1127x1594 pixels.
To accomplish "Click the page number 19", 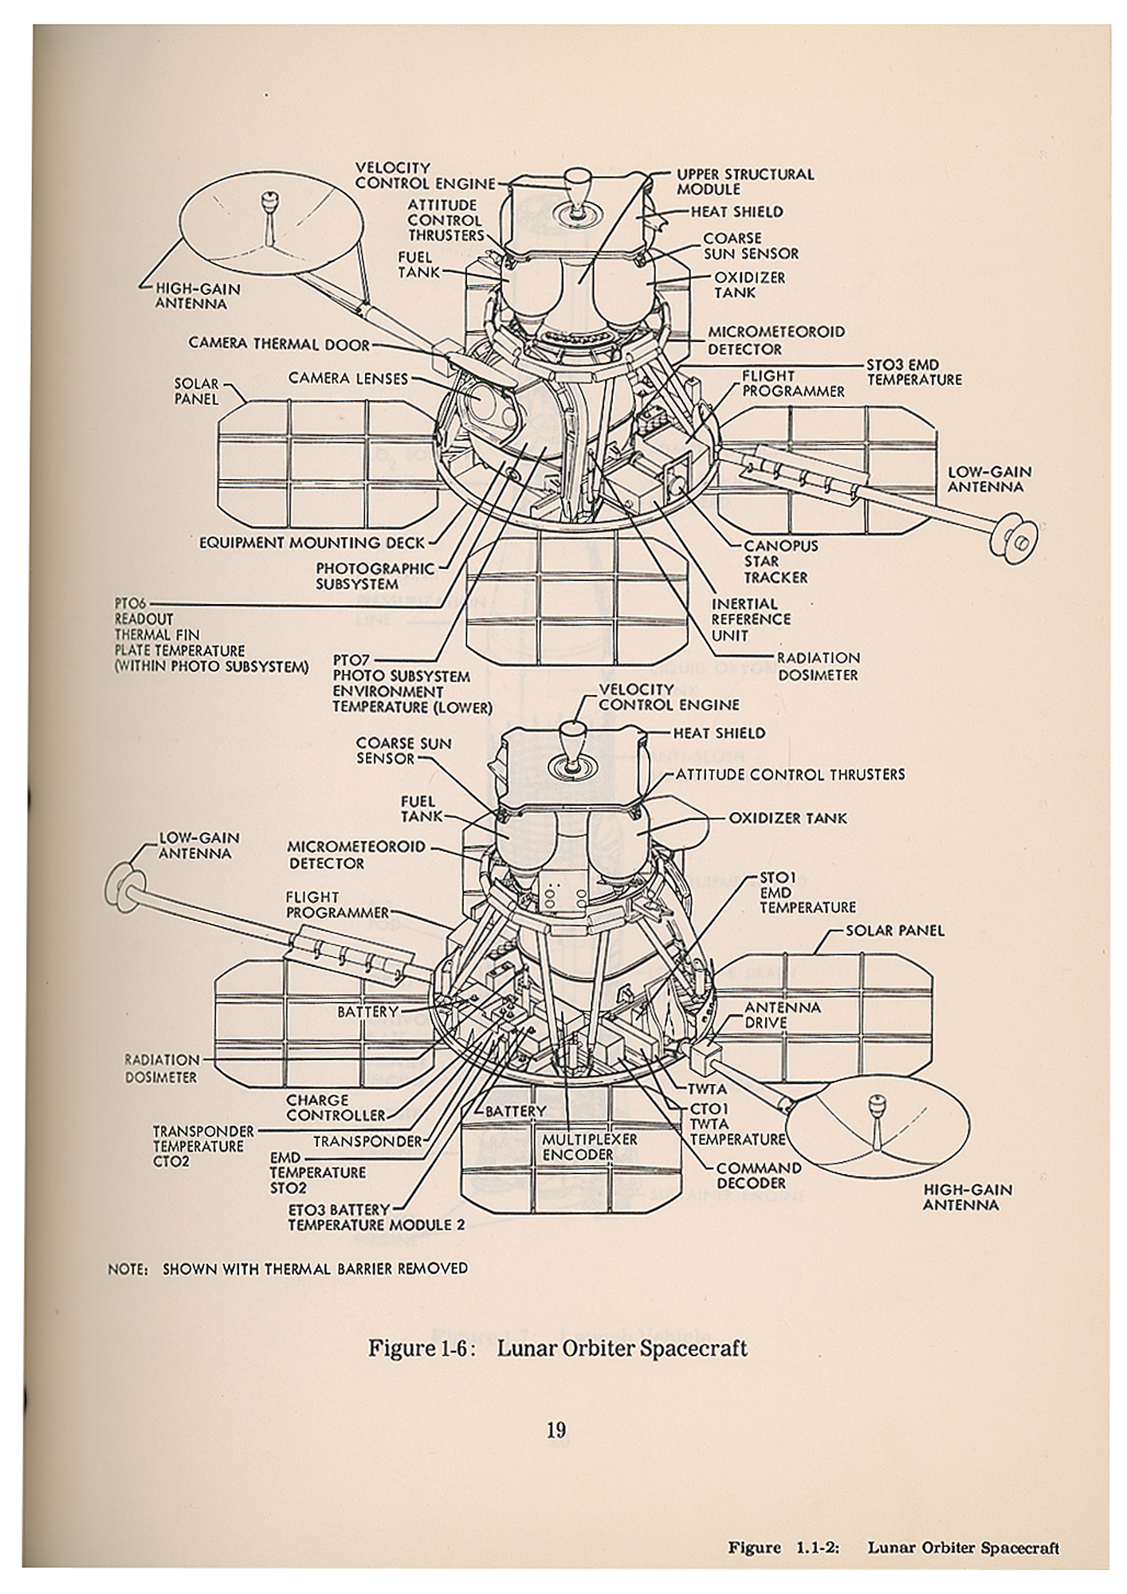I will tap(556, 1429).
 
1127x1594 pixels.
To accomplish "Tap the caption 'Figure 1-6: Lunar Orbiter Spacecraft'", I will tap(557, 1348).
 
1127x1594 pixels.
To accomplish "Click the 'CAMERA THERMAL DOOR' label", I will tap(279, 344).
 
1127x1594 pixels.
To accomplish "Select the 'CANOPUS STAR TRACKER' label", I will tap(780, 561).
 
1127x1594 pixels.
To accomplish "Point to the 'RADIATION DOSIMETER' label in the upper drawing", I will tap(818, 666).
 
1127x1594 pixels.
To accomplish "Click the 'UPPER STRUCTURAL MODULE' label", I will tap(744, 182).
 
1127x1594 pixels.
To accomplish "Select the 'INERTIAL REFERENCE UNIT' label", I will tap(751, 619).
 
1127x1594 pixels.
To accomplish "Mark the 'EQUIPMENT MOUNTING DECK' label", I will tap(312, 543).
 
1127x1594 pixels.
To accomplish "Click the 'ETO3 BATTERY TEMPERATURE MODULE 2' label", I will tap(375, 1217).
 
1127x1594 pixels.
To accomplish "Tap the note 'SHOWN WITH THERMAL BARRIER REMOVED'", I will tap(315, 1268).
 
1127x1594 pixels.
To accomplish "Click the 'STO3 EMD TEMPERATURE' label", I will tap(913, 373).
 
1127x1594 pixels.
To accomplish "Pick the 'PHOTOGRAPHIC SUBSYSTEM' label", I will tap(375, 576).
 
